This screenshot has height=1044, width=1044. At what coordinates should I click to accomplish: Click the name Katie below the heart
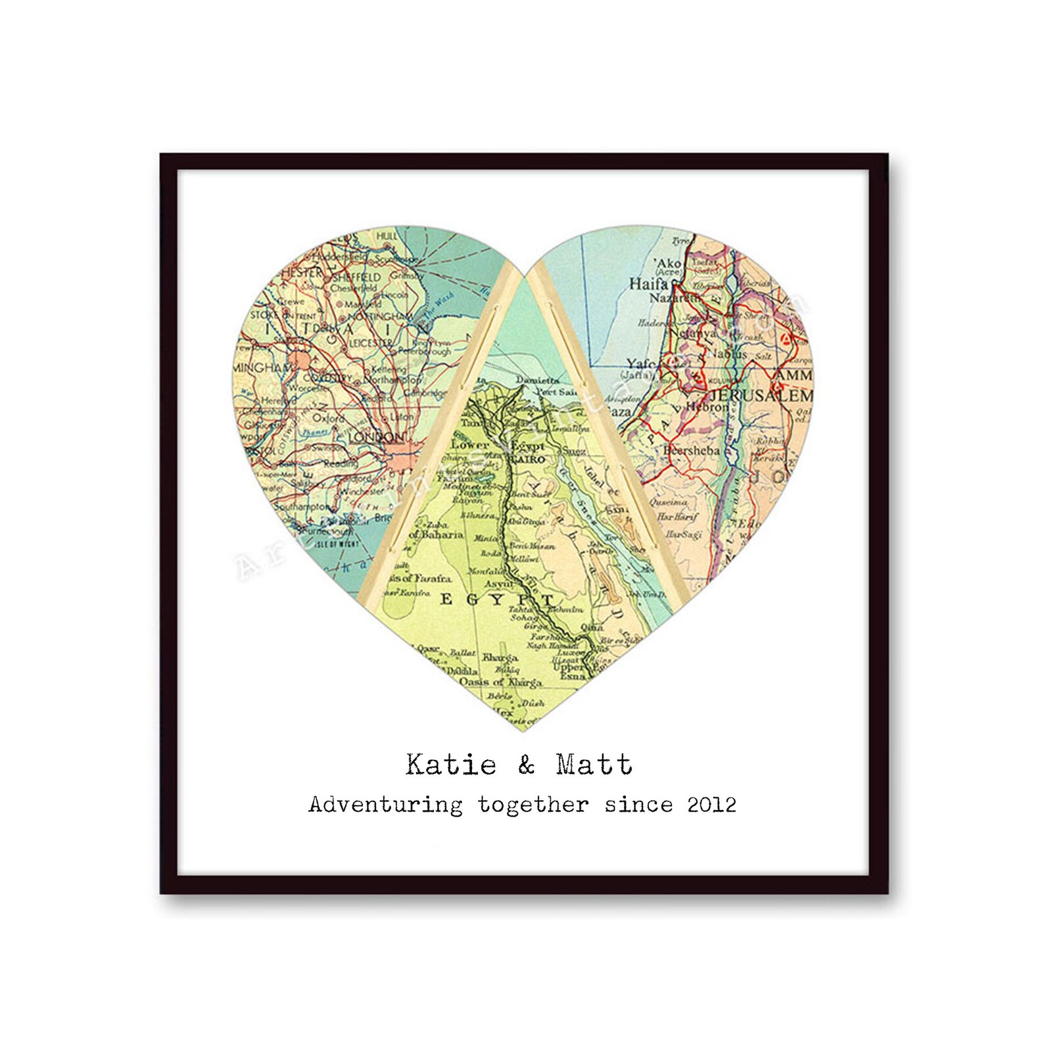point(451,765)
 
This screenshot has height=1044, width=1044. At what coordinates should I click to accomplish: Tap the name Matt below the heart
point(594,765)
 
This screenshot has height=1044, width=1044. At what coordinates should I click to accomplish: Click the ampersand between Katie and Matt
point(526,765)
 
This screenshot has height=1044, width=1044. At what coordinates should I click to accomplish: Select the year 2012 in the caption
point(711,805)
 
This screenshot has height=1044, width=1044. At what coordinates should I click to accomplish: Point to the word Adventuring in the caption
point(385,805)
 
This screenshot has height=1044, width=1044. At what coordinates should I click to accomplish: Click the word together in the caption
point(533,805)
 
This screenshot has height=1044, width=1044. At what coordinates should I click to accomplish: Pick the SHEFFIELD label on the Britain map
point(356,277)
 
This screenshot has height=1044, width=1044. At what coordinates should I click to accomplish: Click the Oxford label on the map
point(328,418)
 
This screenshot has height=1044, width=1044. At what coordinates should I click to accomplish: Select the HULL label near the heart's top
point(386,236)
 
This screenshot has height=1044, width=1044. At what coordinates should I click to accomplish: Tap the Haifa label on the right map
point(648,284)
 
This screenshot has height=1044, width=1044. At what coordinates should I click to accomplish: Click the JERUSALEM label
point(761,396)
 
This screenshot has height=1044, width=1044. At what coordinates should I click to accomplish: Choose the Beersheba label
point(691,450)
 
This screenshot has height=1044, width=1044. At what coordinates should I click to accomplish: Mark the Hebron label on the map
point(707,407)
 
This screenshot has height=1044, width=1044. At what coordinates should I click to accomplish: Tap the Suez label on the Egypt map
point(573,451)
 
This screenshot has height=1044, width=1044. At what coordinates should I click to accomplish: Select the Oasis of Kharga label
point(500,682)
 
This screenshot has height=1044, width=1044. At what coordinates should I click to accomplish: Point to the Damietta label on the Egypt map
point(537,380)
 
